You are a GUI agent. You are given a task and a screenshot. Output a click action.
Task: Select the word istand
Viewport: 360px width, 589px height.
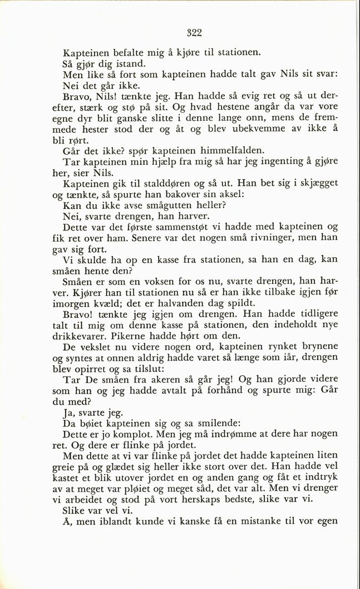[129, 65]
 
